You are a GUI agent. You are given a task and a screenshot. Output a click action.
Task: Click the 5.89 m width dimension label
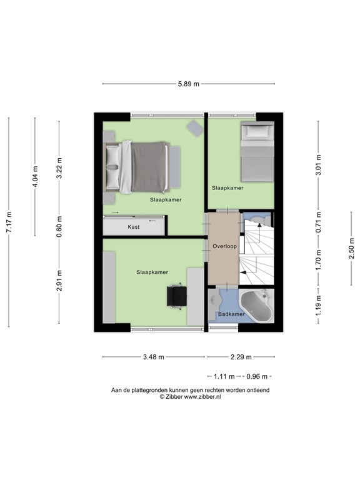pos(189,84)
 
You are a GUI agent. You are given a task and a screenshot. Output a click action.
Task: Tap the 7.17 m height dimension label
pos(9,222)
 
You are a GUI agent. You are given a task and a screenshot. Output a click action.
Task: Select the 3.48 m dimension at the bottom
pos(154,357)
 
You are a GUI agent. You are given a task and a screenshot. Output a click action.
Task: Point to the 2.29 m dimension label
pos(241,357)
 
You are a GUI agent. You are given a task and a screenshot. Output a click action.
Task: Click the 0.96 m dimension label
pos(257,376)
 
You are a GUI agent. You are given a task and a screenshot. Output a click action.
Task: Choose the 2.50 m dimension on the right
pos(351,248)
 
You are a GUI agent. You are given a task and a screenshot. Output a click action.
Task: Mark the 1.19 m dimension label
pos(319,305)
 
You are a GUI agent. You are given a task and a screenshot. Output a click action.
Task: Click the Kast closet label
pos(134,227)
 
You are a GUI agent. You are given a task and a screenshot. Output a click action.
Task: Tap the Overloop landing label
pos(225,246)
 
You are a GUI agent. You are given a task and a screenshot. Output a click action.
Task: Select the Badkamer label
pos(231,314)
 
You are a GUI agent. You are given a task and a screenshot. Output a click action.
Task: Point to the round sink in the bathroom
pos(216,300)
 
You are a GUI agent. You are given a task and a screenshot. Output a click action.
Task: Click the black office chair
pos(177,296)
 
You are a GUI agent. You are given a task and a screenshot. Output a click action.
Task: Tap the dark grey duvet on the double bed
pos(149,167)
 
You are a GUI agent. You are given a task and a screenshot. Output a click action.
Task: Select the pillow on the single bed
pos(257,131)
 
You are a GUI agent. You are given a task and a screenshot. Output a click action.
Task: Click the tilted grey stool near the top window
pos(195,128)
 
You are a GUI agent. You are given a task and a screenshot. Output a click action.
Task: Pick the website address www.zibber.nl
pos(202,397)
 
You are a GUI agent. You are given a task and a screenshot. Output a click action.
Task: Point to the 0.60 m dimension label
pos(59,226)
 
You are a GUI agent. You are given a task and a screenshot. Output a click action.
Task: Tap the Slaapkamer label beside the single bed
pos(227,188)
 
